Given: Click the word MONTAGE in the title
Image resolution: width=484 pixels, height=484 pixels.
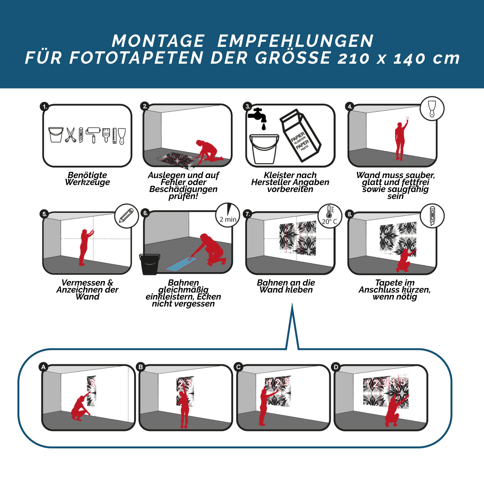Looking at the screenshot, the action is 158,41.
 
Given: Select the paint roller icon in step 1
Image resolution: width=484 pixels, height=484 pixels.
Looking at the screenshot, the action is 93,135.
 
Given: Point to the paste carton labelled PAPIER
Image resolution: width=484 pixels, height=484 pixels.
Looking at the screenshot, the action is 300,135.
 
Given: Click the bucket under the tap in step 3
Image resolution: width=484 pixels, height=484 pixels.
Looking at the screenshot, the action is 264,149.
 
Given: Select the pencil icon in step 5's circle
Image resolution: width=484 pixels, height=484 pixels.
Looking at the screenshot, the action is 126,215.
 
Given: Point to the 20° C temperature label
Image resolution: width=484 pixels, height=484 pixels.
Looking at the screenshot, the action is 330,221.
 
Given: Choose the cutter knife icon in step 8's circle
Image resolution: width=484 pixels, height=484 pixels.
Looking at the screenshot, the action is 432,216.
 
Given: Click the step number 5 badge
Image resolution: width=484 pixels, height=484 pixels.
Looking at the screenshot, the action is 44,214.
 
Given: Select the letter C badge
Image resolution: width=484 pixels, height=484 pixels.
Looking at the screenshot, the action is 238,367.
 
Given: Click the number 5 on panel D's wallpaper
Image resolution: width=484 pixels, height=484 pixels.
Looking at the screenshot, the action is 402,382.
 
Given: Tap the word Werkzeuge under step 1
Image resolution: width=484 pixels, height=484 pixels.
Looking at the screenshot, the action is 88,182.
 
